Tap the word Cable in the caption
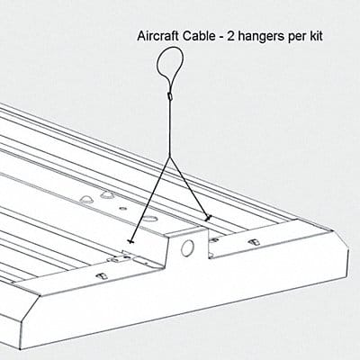196,36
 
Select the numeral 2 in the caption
231,36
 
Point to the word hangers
259,37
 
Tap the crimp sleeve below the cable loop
169,96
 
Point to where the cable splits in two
170,158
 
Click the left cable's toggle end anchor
130,241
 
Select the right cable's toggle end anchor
208,218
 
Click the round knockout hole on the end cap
187,247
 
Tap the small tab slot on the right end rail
255,242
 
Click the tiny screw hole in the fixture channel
122,208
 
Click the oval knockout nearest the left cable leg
149,218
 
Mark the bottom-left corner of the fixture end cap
21,349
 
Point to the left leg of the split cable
150,199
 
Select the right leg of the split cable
189,187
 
